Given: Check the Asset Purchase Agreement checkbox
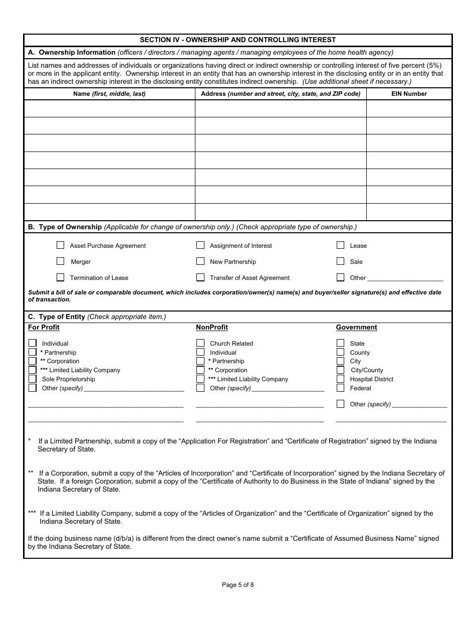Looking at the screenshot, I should [x=60, y=245].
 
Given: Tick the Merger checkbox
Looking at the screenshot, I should [x=60, y=261].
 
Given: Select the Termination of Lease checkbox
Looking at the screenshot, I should [x=60, y=277].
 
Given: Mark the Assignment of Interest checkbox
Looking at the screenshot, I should [x=200, y=245].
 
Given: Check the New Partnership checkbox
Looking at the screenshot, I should [x=200, y=261].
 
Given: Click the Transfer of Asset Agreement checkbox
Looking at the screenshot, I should [x=200, y=277].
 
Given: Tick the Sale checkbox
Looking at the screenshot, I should [x=340, y=261].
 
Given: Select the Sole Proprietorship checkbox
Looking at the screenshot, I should [x=33, y=379].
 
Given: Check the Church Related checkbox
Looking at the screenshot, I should [x=200, y=343].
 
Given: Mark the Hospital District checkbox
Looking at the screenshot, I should [x=340, y=379].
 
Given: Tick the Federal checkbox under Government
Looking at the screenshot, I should [x=340, y=388].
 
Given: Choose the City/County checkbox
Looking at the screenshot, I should [x=340, y=370].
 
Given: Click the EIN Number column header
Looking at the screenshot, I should [x=409, y=94].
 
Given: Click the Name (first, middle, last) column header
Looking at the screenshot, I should [x=109, y=94].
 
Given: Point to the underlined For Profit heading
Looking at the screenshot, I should [x=44, y=328].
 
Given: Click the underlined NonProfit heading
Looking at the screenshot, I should [x=211, y=328].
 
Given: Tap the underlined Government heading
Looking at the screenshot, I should [x=356, y=328].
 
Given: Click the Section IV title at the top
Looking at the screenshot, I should [x=237, y=40].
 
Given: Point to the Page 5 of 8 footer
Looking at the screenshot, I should [x=237, y=584].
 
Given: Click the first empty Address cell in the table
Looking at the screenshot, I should [x=281, y=108].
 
